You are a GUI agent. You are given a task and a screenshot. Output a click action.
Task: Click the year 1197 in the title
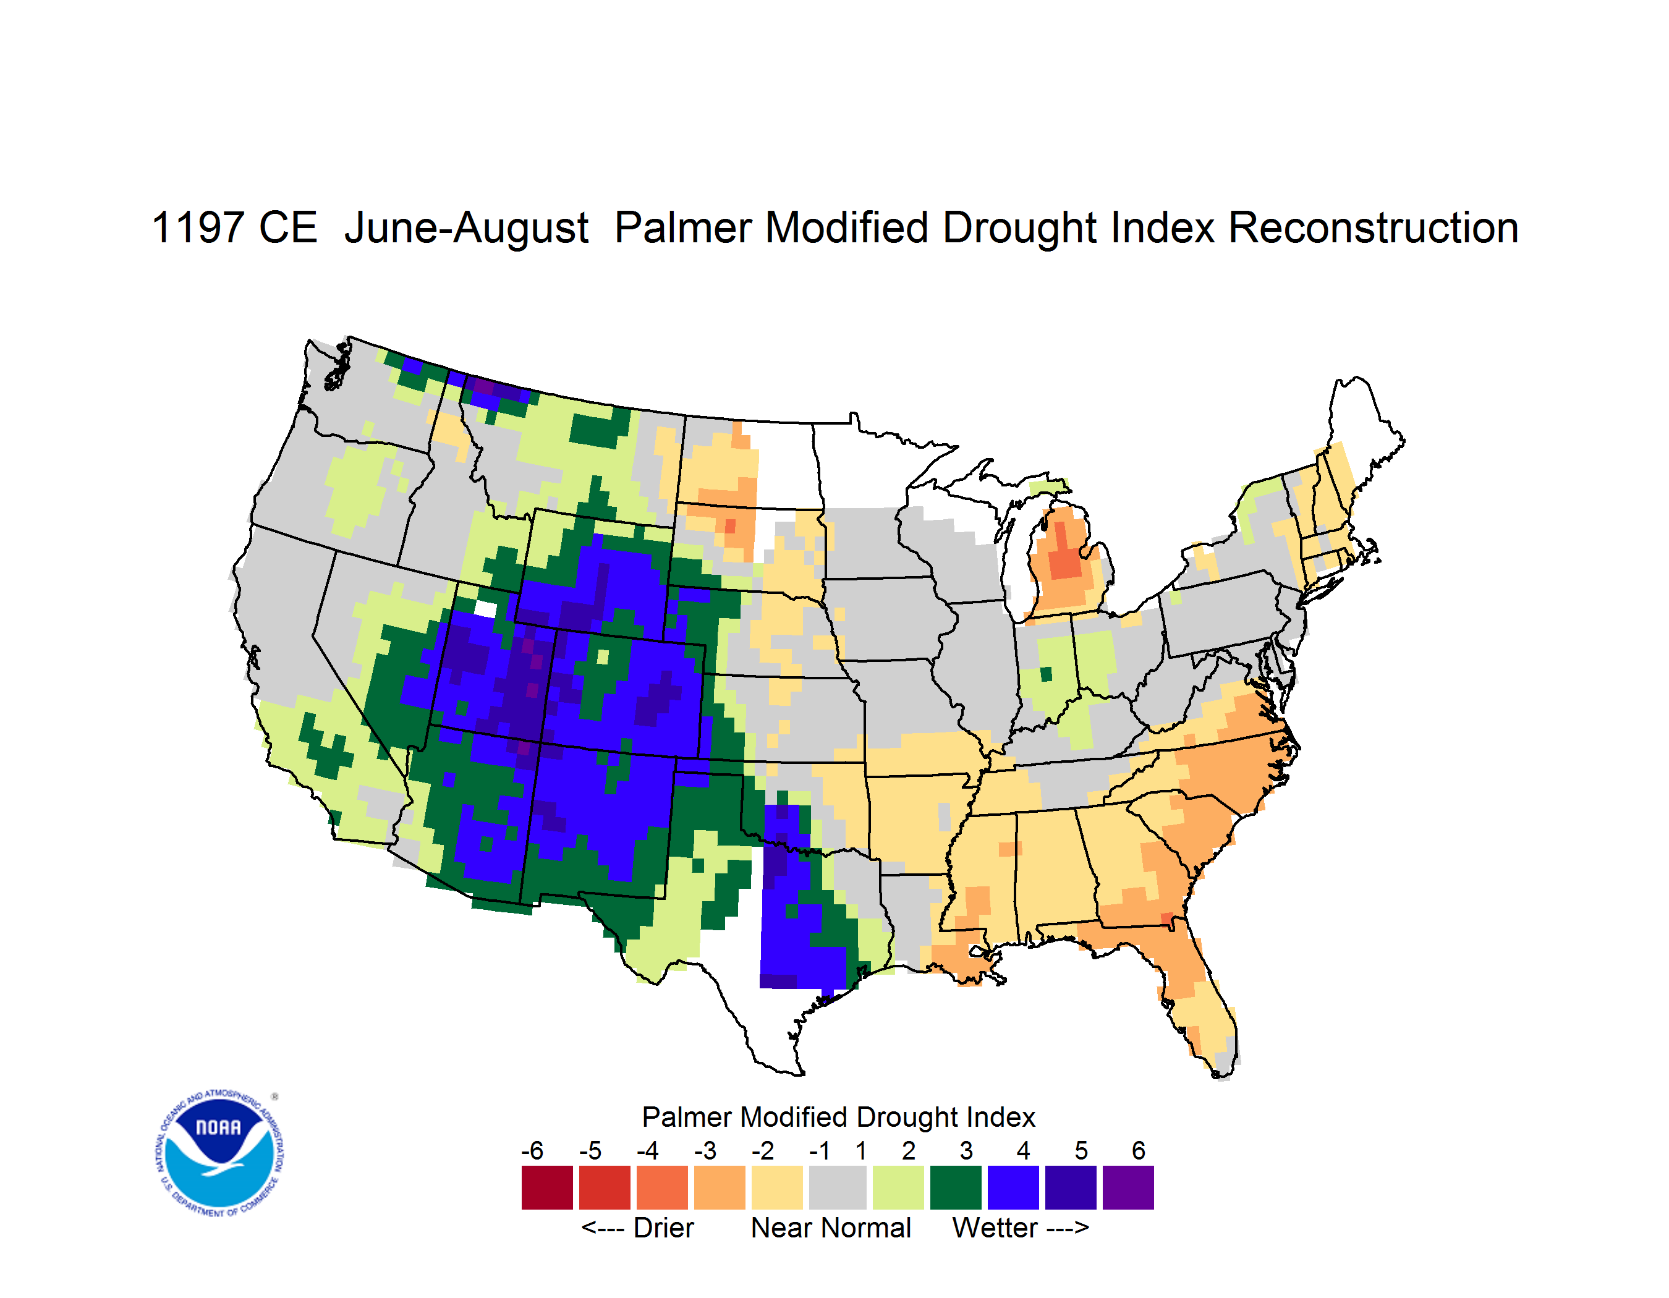(x=197, y=227)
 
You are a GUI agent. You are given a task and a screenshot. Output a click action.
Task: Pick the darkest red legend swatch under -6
(x=547, y=1187)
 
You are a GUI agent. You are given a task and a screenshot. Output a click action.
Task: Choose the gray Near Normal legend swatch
(x=838, y=1187)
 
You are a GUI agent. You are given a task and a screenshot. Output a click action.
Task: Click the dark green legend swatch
(x=955, y=1187)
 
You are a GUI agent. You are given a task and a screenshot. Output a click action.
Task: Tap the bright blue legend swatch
(x=1013, y=1187)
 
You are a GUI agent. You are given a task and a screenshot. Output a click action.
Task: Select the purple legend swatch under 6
(x=1128, y=1187)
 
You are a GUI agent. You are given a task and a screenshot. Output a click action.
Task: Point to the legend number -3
(x=705, y=1150)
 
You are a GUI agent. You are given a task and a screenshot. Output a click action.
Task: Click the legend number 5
(x=1081, y=1150)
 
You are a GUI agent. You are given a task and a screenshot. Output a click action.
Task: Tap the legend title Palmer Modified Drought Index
(x=838, y=1117)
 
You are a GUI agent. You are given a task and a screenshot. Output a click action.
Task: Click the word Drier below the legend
(x=663, y=1228)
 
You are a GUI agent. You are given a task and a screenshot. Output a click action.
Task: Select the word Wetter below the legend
(x=995, y=1228)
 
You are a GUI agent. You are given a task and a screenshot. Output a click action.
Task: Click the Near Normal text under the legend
(x=831, y=1228)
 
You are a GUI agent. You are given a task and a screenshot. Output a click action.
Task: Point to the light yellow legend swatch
(x=777, y=1187)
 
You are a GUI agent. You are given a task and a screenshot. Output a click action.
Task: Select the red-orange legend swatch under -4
(x=662, y=1187)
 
